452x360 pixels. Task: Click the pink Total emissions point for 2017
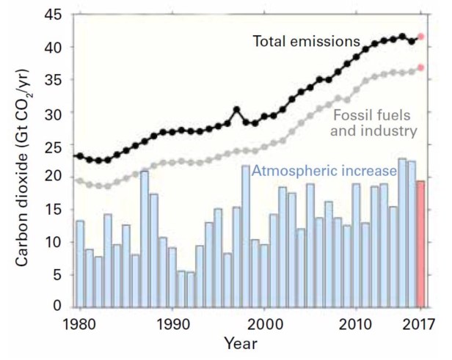coord(420,36)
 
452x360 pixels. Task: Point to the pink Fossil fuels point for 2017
coord(420,67)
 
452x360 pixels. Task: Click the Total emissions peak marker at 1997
coord(236,110)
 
